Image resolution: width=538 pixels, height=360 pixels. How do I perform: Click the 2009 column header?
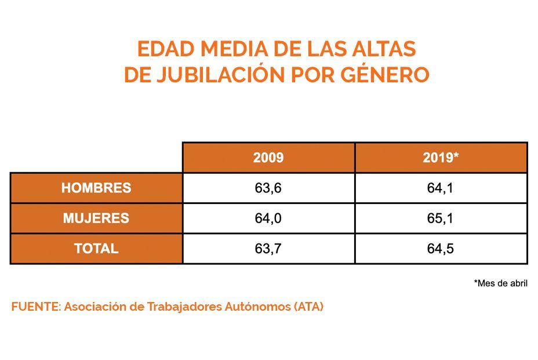268,158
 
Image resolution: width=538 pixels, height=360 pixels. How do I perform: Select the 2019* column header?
441,158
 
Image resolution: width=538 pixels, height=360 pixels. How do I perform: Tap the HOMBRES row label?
96,188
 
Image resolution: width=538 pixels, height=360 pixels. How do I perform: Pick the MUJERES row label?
96,219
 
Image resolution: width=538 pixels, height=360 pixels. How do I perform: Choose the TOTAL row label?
96,249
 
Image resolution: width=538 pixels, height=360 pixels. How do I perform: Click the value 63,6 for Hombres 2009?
268,188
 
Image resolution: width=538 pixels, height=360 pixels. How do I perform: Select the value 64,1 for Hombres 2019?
441,188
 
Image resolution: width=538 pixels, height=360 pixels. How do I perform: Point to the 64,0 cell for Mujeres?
268,219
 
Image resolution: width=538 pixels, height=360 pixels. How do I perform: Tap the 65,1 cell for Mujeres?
441,219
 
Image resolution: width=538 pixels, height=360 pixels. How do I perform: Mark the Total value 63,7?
268,249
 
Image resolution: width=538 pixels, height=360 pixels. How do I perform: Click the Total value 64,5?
441,249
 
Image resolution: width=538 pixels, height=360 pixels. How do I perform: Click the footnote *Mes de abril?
500,283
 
